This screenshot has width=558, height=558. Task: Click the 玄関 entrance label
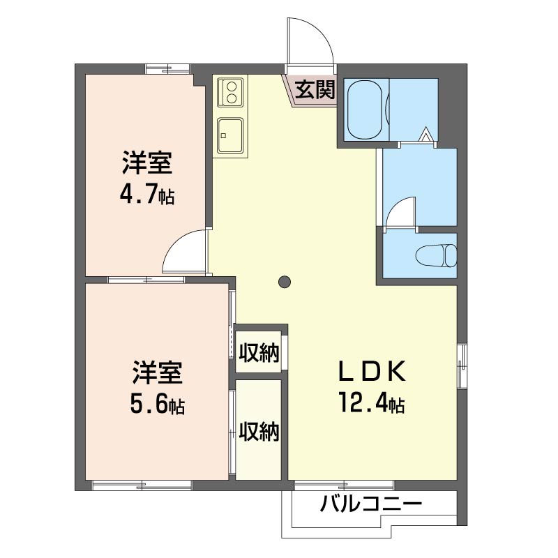click(x=315, y=90)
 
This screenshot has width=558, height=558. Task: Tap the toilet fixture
click(x=436, y=255)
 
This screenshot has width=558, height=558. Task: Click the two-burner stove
click(x=230, y=92)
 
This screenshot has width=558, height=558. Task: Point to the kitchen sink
click(x=230, y=135)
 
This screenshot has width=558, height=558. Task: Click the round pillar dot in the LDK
click(x=285, y=282)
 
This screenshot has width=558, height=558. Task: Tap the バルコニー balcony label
click(x=371, y=504)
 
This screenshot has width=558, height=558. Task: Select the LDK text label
click(x=372, y=371)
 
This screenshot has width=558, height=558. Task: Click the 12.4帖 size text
click(x=372, y=402)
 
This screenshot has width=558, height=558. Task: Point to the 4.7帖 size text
click(x=147, y=194)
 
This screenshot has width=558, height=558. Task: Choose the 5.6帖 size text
click(x=158, y=404)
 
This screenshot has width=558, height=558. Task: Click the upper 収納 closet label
click(x=259, y=352)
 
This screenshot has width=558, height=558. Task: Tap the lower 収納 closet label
click(x=259, y=431)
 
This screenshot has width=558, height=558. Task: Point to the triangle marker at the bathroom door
click(x=425, y=135)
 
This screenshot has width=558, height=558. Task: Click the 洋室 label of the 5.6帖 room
click(x=158, y=372)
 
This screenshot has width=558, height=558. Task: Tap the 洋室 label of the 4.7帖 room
click(x=147, y=163)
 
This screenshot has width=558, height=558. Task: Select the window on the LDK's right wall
click(x=462, y=366)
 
